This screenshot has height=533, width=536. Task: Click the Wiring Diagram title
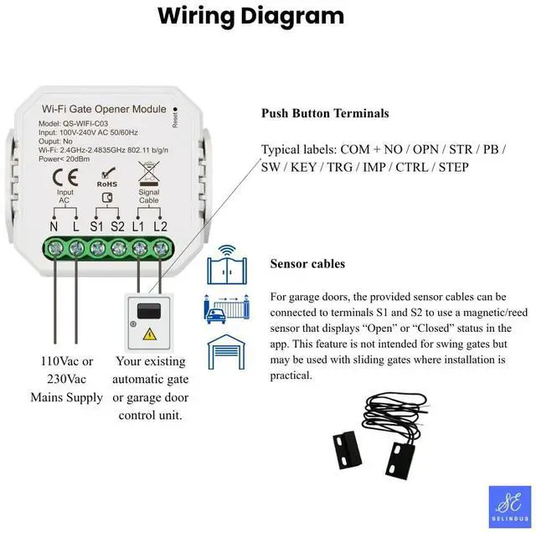pos(250,15)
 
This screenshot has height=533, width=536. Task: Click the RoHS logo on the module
pos(106,179)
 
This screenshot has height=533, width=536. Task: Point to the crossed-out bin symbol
pos(148,173)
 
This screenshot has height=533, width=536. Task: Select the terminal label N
pos(54,227)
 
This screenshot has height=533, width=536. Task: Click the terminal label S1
pos(96,227)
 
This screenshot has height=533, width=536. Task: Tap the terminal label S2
pos(117,227)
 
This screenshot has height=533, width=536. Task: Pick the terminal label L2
pos(160,227)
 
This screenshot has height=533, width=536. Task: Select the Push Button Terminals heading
pos(325,113)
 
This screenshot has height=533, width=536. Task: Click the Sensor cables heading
pos(307,264)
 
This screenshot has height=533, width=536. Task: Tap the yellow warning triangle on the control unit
pos(151,334)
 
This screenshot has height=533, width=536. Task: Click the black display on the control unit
pos(151,308)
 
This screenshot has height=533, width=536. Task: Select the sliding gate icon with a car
pos(226,309)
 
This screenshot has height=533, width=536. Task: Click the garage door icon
pos(226,353)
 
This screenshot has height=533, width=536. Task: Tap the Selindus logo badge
pos(509,507)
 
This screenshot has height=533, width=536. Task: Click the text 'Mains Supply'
pos(66,396)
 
